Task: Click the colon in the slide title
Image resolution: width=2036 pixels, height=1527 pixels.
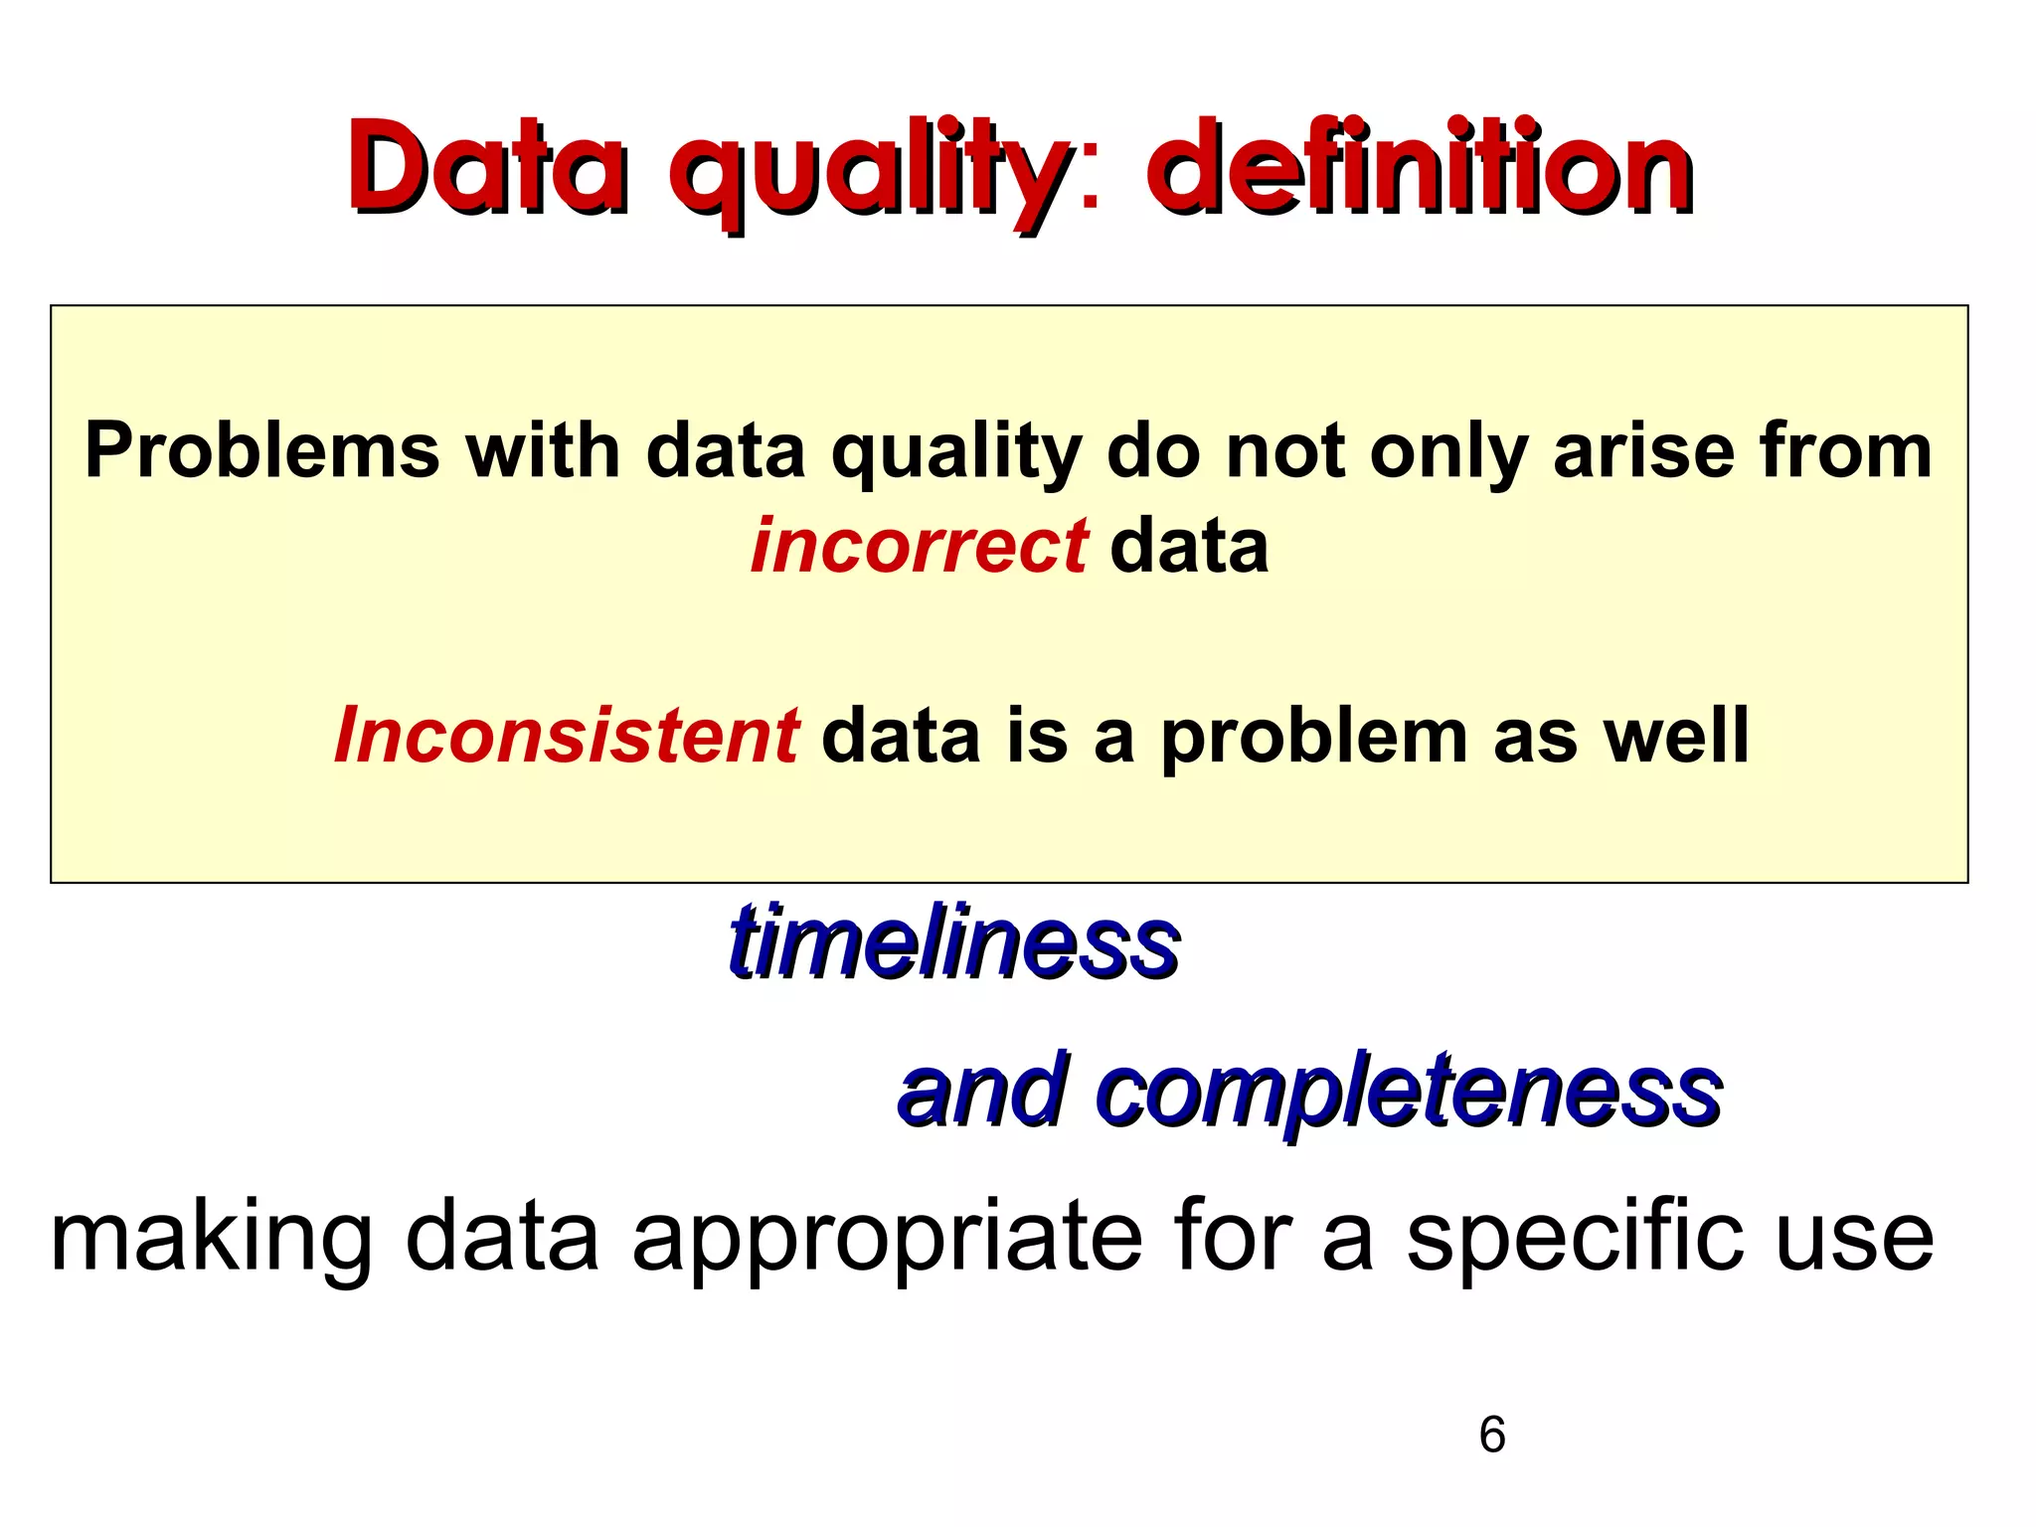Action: [1091, 179]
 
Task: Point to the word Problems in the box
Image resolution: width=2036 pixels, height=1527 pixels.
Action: [262, 450]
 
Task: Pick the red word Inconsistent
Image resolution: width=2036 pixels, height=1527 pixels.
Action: [567, 736]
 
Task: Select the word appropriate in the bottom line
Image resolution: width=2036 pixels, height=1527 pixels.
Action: [887, 1241]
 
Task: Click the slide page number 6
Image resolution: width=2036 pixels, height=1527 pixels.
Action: [1491, 1435]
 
